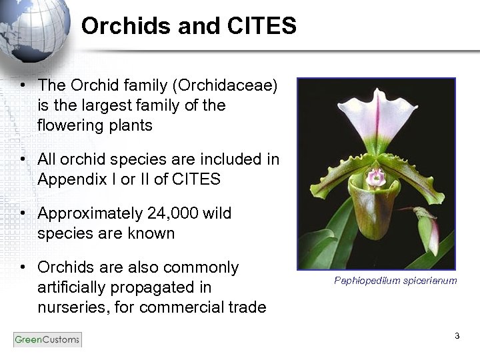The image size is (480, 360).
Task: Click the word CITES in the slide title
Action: pos(262,26)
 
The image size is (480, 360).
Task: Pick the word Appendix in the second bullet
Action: pos(67,179)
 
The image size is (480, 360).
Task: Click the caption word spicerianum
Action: pos(430,281)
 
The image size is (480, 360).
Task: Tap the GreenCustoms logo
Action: pos(47,339)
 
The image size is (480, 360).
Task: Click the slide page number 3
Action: pos(457,336)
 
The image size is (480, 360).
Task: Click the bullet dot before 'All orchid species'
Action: pos(23,160)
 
